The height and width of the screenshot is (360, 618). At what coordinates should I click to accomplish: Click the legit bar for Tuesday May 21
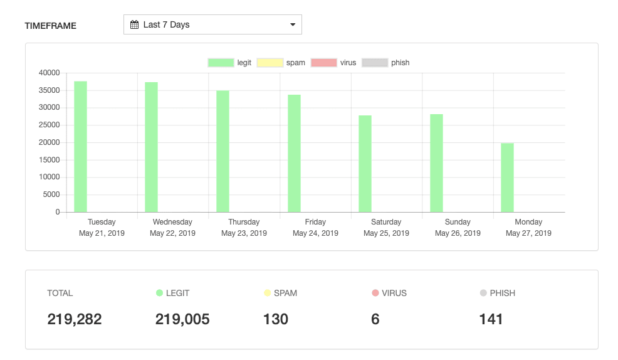coord(80,147)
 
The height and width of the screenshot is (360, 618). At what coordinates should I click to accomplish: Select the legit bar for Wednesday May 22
coord(151,147)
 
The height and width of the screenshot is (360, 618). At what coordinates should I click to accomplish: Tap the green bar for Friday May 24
coord(294,154)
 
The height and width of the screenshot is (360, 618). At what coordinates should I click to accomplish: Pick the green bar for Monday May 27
coord(507,177)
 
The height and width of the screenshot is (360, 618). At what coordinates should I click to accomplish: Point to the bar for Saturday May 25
coord(365,164)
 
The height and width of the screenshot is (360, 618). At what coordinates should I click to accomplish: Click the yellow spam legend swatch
coord(270,63)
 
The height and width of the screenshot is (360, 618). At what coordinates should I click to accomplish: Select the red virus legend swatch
coord(324,63)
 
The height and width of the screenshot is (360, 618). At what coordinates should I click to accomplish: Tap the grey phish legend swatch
coord(375,63)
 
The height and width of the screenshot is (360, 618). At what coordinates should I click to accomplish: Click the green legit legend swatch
coord(221,63)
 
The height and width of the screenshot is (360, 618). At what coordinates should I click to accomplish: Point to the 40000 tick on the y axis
coord(49,73)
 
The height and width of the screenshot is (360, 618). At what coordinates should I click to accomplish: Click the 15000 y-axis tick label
coord(49,160)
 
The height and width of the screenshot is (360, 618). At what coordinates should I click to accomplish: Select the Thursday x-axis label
coord(244,222)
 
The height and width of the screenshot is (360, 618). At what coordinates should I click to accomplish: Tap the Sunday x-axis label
coord(458,222)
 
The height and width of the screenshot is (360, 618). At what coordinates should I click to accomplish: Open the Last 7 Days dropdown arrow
coord(293,25)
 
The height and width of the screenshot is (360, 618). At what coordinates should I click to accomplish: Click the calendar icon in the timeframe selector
coord(134,25)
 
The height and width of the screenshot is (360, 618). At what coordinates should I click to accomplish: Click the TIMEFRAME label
coord(51,26)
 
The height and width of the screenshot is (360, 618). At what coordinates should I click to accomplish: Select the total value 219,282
coord(75,319)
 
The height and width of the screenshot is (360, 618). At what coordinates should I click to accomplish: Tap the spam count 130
coord(276,319)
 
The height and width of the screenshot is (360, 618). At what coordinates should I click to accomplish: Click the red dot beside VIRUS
coord(375,293)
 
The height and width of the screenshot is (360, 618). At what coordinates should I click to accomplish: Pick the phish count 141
coord(491,319)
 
